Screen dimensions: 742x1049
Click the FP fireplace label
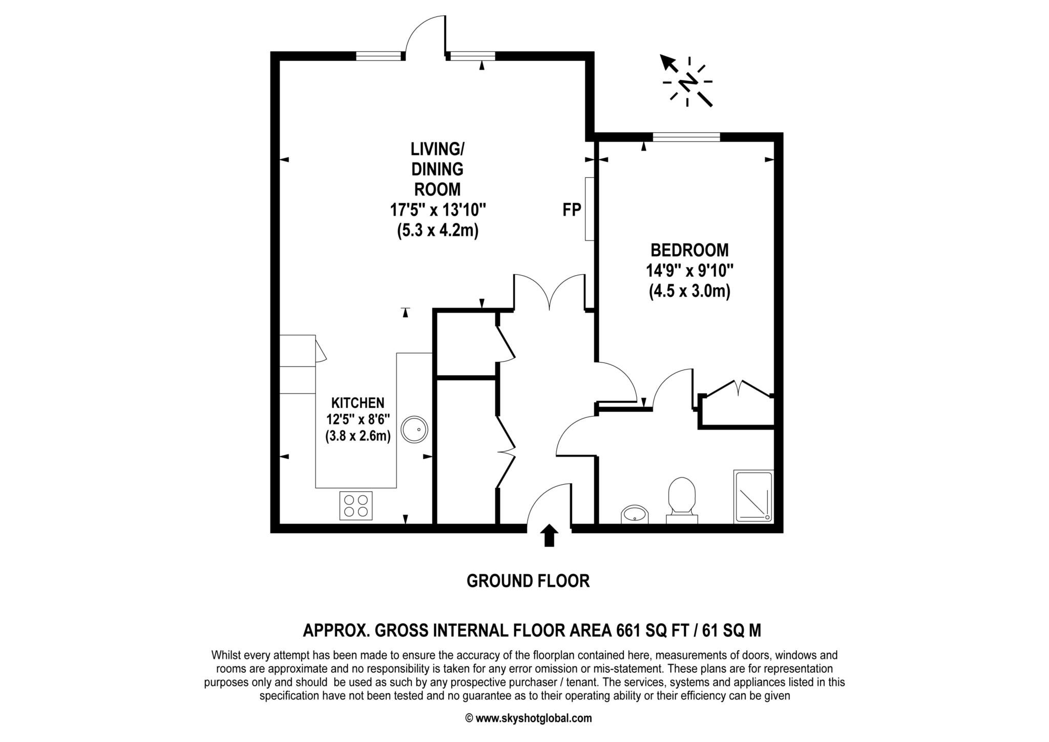click(x=572, y=210)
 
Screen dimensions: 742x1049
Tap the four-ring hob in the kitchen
click(x=356, y=505)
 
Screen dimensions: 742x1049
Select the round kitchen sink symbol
click(x=414, y=430)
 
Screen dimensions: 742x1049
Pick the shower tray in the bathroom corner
click(x=753, y=497)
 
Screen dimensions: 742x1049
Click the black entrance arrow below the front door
click(x=549, y=535)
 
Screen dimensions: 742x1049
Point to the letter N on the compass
click(x=688, y=82)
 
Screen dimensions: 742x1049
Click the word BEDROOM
click(x=689, y=250)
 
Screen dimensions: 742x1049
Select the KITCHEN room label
click(x=358, y=403)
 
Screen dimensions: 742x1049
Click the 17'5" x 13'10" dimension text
click(x=437, y=210)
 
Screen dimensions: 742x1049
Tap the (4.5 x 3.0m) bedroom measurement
click(x=689, y=292)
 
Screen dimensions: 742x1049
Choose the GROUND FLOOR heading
click(x=528, y=581)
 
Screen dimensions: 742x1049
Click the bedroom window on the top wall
click(x=686, y=137)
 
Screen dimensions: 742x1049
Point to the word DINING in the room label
click(x=437, y=169)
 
